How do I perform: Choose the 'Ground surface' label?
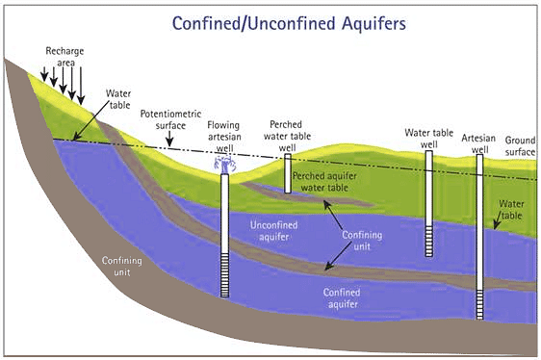pos(520,146)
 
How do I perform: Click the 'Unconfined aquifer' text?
pos(274,230)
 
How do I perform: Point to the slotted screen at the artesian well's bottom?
pos(478,303)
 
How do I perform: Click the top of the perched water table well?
pos(287,159)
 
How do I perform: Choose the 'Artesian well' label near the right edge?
pos(478,143)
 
